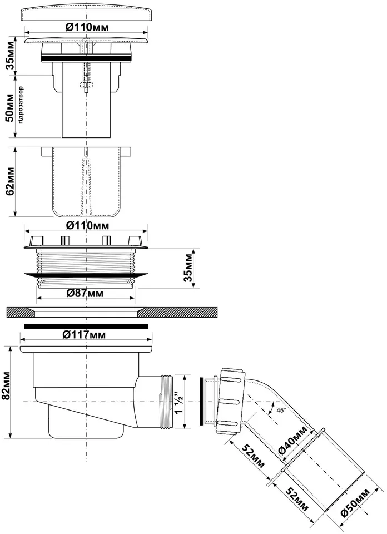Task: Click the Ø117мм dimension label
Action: click(84, 335)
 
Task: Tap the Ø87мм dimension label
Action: click(85, 293)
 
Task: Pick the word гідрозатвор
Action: click(21, 105)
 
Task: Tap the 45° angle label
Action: click(281, 411)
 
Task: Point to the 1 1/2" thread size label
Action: click(179, 402)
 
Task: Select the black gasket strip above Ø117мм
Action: click(86, 327)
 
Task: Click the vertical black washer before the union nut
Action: click(201, 401)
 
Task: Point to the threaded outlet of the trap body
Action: click(166, 402)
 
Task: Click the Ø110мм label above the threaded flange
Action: click(87, 225)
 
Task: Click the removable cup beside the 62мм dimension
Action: click(86, 181)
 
